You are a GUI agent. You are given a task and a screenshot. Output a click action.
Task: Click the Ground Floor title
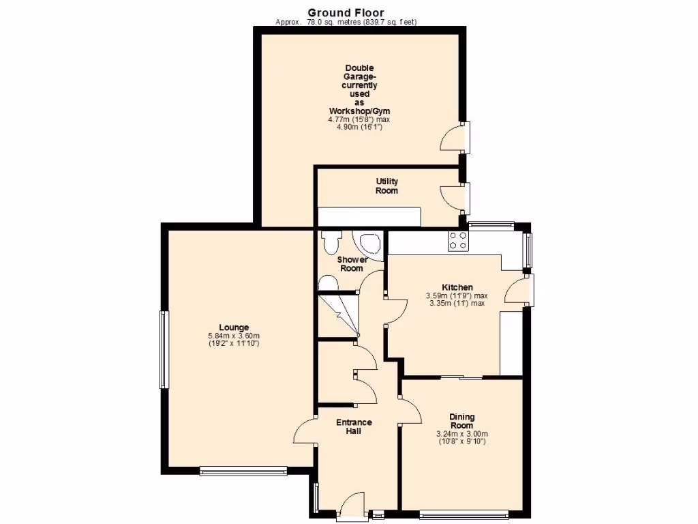pos(346,12)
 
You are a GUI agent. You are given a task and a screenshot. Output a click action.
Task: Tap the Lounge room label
pos(234,327)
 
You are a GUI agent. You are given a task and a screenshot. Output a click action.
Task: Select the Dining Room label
pos(461,421)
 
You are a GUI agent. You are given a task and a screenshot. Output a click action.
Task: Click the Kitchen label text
pos(457,287)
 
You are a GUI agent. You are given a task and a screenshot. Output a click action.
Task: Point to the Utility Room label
pos(386,186)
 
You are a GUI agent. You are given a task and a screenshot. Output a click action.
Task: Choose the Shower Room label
pos(352,264)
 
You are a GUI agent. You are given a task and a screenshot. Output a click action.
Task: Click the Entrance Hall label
pos(354,426)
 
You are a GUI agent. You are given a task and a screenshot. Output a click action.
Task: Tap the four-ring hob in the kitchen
pos(457,240)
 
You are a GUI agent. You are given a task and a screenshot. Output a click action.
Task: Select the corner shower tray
pos(369,244)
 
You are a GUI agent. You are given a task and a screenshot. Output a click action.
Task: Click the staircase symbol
pos(339,315)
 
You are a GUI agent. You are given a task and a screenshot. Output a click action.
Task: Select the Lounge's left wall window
pos(164,349)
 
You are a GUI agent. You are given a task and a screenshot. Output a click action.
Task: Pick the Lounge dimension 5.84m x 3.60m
pos(234,335)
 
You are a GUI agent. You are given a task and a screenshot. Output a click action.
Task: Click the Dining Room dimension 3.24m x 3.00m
pos(461,434)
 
